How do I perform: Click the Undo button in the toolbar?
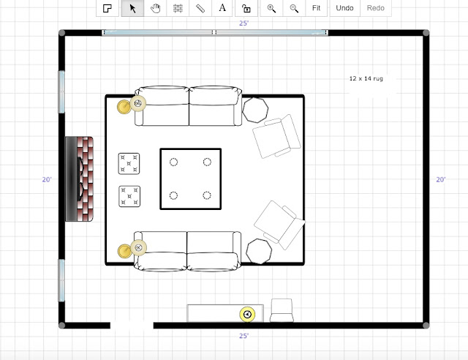[344, 8]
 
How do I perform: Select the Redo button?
[375, 8]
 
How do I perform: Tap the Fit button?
[316, 8]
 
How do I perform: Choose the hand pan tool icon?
[155, 8]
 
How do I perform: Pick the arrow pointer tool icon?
[133, 8]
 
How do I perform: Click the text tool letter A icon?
[222, 8]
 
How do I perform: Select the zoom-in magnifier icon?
[271, 8]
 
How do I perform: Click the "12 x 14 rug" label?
[366, 78]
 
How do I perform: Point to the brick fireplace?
[80, 179]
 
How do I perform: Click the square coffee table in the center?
[190, 179]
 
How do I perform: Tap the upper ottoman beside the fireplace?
[129, 163]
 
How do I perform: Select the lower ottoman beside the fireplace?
[129, 196]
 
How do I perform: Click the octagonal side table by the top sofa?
[255, 110]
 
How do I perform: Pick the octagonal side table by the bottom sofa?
[259, 251]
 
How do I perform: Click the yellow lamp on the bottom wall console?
[247, 315]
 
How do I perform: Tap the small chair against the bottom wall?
[282, 310]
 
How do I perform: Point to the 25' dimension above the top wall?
[244, 23]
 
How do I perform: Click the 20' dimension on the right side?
[441, 179]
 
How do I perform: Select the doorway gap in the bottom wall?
[132, 326]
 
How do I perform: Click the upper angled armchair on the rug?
[276, 136]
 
